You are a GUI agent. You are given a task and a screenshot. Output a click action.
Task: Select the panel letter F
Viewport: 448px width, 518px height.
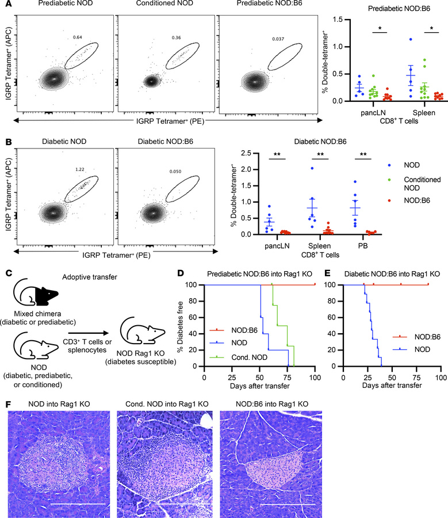tap(5, 398)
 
